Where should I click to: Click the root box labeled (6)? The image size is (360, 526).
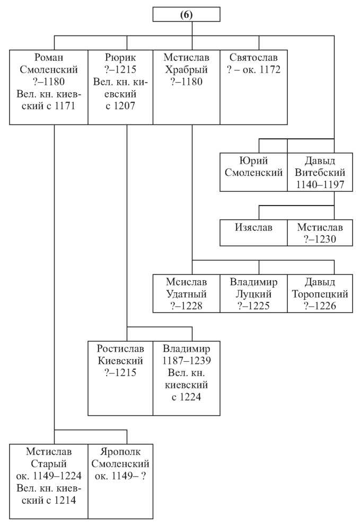[x=187, y=15]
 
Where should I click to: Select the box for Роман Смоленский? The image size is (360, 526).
[x=49, y=87]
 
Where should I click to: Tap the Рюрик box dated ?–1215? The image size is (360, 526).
[x=120, y=87]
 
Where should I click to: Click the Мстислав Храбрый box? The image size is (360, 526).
[x=187, y=87]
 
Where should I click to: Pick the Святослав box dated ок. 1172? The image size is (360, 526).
[x=253, y=87]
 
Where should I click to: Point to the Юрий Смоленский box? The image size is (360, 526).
[x=253, y=172]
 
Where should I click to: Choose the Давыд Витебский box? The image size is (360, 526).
[x=320, y=172]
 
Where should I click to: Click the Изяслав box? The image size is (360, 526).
[x=253, y=233]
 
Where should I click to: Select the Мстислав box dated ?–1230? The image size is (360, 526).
[x=320, y=233]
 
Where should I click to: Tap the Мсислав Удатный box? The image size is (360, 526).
[x=187, y=293]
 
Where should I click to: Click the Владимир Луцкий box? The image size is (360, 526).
[x=253, y=293]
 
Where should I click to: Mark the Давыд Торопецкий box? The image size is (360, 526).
[x=320, y=293]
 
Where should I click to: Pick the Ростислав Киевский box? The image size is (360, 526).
[x=120, y=378]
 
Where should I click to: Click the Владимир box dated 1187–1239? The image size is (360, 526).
[x=187, y=378]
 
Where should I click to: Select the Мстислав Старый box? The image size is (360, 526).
[x=49, y=482]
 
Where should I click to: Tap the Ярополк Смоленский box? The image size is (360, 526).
[x=120, y=482]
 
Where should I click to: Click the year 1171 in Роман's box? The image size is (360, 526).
[x=65, y=106]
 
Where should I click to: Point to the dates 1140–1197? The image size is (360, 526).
[x=320, y=184]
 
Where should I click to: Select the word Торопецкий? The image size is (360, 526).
[x=320, y=294]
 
